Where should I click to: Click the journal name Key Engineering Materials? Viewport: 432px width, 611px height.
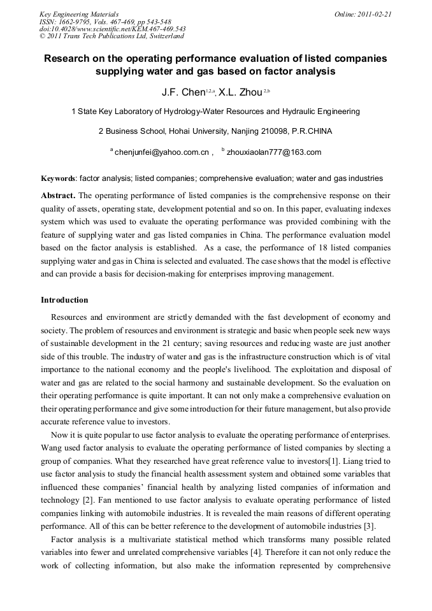[78, 13]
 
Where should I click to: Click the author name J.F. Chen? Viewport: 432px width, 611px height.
[182, 92]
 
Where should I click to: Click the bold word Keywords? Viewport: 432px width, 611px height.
[58, 178]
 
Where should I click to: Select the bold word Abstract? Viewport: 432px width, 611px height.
[58, 196]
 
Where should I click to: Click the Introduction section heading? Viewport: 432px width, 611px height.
[64, 300]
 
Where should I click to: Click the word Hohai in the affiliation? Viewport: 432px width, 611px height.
[183, 131]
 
